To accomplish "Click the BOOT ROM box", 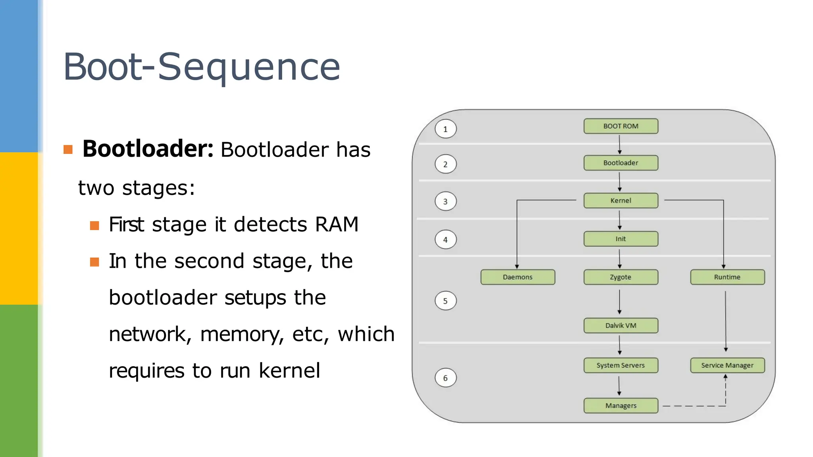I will tap(620, 126).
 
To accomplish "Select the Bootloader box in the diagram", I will tap(620, 163).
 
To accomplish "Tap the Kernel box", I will tap(620, 200).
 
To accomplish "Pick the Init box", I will tap(620, 239).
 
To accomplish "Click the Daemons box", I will tap(518, 277).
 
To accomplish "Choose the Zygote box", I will tap(620, 277).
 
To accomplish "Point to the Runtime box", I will tap(727, 277).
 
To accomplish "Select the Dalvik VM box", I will tap(620, 325).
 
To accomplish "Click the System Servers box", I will tap(620, 365).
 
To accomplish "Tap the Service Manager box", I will tap(727, 365).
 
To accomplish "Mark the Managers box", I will tap(620, 405).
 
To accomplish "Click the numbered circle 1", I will tap(445, 129).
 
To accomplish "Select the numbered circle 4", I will tap(445, 240).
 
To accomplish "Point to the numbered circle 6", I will tap(445, 378).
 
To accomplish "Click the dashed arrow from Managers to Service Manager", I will tap(695, 406).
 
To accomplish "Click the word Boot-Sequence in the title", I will tap(202, 67).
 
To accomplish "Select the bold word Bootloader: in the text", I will tap(148, 149).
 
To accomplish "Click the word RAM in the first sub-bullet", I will tap(337, 224).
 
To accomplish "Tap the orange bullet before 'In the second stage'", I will tap(94, 262).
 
